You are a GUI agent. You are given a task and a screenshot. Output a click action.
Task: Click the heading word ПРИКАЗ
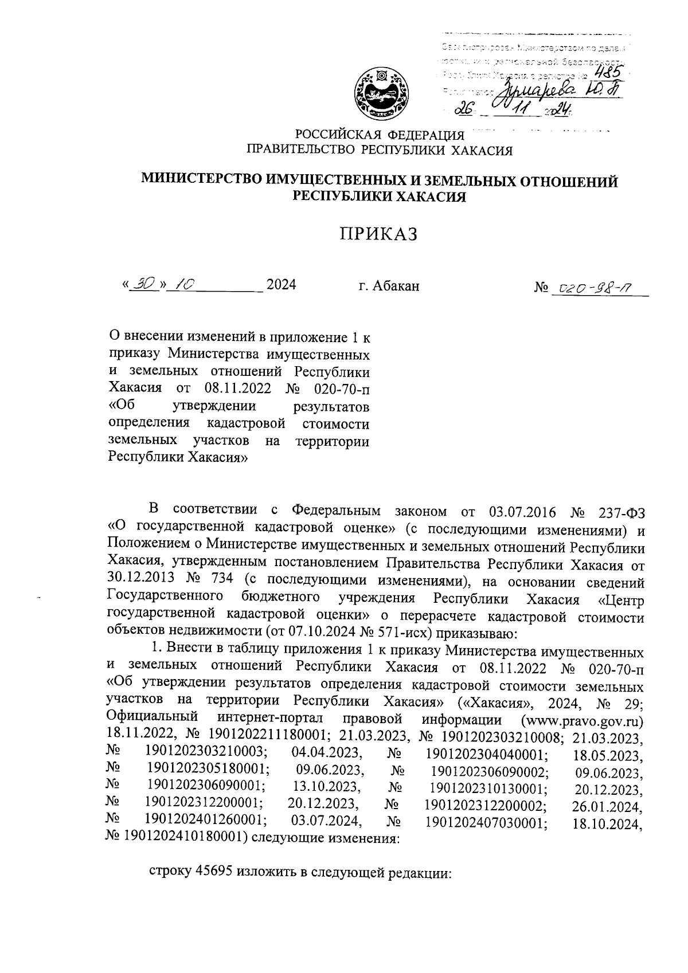(378, 234)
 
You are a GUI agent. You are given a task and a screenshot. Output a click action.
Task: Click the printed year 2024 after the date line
(282, 285)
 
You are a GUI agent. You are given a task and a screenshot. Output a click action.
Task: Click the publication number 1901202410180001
(179, 838)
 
